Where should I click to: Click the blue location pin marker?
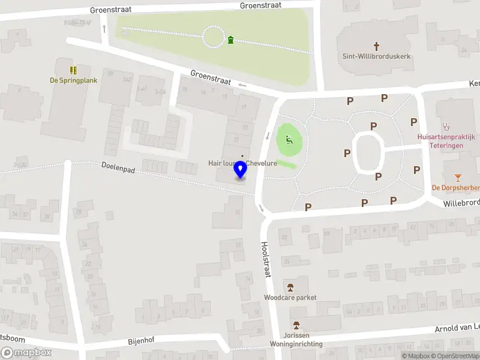point(241,170)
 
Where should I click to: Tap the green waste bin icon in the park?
point(231,40)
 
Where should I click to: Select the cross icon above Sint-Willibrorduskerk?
point(377,46)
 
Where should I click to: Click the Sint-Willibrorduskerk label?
point(376,57)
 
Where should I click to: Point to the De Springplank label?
point(73,80)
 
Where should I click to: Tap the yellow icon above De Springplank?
point(73,70)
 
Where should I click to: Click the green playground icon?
point(289,140)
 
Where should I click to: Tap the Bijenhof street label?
point(141,340)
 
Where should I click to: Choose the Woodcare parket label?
point(290,297)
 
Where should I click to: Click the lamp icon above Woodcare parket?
point(290,287)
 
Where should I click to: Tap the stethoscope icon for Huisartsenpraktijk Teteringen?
point(446,127)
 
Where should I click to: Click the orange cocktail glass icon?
point(458,177)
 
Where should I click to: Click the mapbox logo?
point(26,353)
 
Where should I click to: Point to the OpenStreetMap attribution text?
point(457,356)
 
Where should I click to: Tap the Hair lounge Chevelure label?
point(242,163)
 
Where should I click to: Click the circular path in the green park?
point(214,37)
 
